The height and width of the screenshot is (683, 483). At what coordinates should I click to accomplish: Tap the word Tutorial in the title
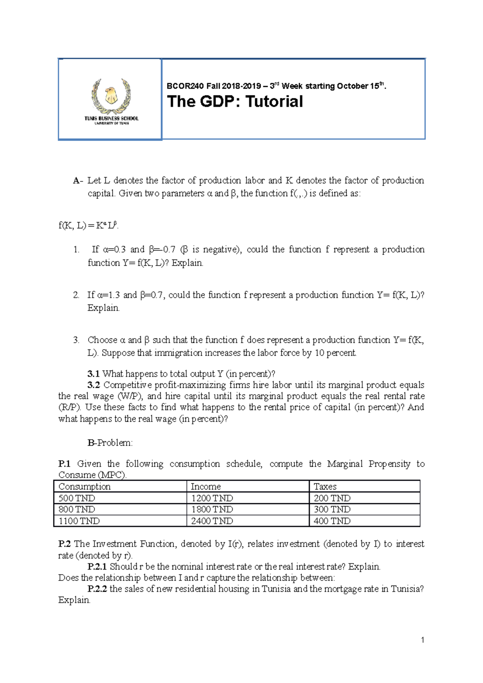274,101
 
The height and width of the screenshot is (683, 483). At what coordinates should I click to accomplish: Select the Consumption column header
85,486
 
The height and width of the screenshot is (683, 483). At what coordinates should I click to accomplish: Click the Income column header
206,486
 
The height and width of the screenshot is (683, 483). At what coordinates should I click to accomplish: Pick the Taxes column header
325,486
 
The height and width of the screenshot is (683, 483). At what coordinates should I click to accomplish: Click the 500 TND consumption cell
77,498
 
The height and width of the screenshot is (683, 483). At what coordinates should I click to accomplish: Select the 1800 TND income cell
212,509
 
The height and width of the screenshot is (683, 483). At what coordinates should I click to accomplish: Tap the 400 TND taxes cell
332,521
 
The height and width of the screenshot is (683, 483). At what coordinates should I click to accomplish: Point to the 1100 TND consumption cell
79,521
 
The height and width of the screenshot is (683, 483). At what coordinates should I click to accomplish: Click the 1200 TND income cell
212,498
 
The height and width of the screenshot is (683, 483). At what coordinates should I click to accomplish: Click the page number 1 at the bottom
422,640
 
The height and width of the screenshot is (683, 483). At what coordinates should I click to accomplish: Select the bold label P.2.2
97,589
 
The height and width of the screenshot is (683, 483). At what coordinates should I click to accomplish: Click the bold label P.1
64,464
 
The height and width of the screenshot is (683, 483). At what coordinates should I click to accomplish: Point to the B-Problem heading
110,443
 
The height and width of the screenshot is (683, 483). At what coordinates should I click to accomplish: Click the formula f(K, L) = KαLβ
88,225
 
